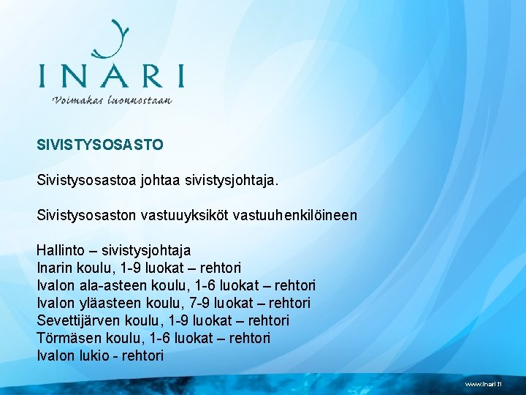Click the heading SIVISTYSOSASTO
[100, 144]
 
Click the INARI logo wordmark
[111, 76]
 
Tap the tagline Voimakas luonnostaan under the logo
[112, 100]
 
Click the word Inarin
[55, 268]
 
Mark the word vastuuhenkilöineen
[301, 215]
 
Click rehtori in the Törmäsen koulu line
[249, 338]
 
